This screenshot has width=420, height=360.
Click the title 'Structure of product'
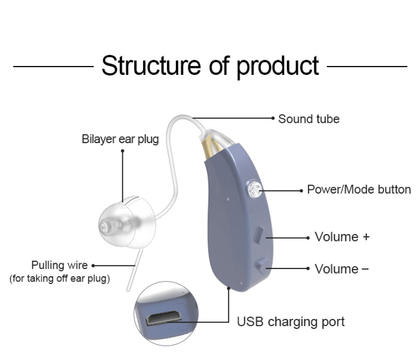[x=210, y=66]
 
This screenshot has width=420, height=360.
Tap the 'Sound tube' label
[x=309, y=119]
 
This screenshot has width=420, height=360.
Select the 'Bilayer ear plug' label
[x=120, y=139]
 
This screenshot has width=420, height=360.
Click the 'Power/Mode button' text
[x=359, y=189]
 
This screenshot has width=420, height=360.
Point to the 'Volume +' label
[x=342, y=237]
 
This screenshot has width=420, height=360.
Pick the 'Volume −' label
[x=342, y=269]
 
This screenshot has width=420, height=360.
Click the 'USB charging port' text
[x=290, y=322]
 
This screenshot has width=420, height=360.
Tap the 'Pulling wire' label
[x=59, y=265]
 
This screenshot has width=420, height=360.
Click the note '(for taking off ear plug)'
[x=60, y=278]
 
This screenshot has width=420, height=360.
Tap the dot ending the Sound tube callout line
[x=273, y=119]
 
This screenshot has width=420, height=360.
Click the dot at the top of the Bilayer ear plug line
[x=123, y=151]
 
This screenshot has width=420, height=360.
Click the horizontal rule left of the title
[x=52, y=67]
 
